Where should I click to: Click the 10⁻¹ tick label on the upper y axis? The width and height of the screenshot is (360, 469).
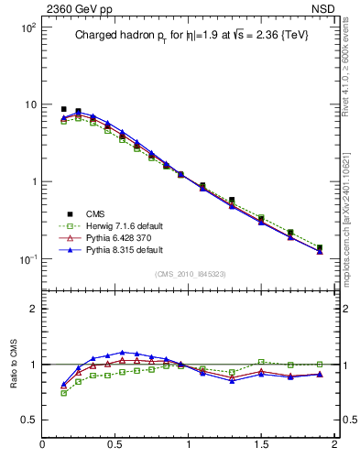coord(27,259)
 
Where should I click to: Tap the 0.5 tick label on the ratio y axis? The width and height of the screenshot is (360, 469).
coord(29,420)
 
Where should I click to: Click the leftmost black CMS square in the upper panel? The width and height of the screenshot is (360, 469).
coord(63,109)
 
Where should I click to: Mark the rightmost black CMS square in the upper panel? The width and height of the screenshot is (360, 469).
coord(320,247)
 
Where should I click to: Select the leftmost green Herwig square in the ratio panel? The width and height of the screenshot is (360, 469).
coord(63,393)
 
